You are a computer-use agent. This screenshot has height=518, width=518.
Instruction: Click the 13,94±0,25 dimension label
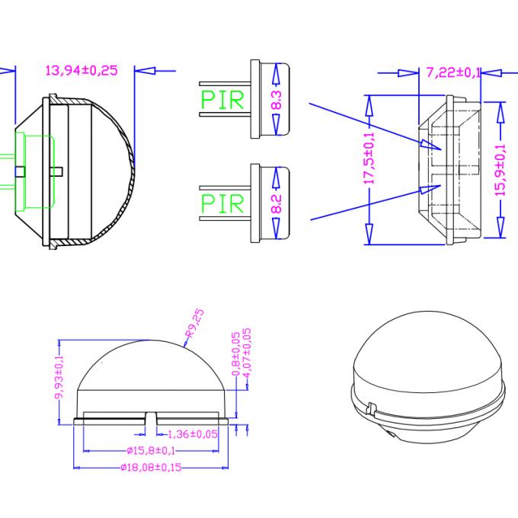(x=82, y=71)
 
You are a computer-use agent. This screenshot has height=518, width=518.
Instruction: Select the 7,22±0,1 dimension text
(x=453, y=73)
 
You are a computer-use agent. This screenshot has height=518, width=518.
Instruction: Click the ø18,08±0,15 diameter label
(x=152, y=467)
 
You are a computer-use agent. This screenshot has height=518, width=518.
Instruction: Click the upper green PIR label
(x=222, y=100)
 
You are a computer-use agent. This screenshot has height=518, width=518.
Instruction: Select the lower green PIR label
(x=222, y=203)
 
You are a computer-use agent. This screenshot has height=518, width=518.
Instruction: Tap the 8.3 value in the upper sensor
(x=276, y=100)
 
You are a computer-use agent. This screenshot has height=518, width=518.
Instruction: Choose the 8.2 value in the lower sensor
(x=276, y=203)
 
